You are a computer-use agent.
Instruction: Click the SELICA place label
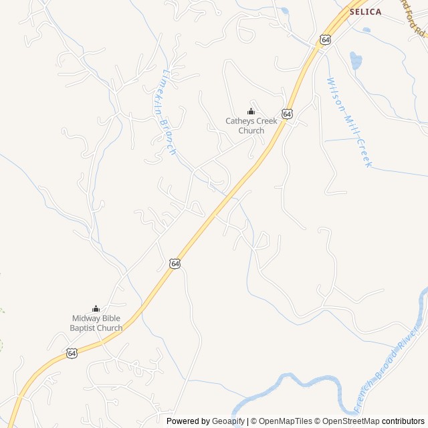click(x=365, y=11)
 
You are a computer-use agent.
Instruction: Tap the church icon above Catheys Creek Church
click(x=251, y=111)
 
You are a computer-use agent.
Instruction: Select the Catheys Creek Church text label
click(x=251, y=126)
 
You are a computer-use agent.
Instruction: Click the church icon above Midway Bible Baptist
click(x=96, y=308)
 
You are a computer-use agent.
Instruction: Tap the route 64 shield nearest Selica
click(x=325, y=40)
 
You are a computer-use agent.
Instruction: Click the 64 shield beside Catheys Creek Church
click(x=287, y=114)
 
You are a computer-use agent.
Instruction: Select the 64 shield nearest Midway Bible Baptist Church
click(x=72, y=352)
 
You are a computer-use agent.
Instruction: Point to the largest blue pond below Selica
click(x=356, y=62)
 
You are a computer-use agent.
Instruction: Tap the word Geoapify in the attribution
click(x=228, y=421)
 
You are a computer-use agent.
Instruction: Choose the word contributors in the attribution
click(x=403, y=421)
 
